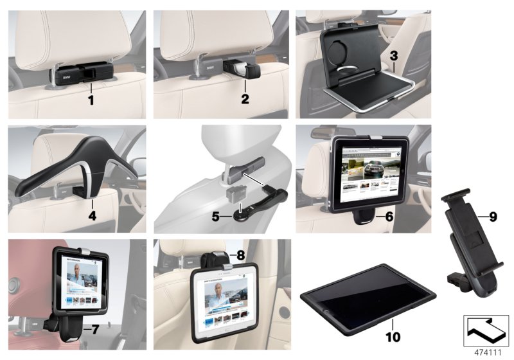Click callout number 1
tap(91, 101)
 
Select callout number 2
tap(245, 100)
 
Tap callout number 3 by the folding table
tap(394, 56)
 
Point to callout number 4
tap(93, 217)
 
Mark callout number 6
tap(389, 217)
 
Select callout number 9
tap(492, 217)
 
